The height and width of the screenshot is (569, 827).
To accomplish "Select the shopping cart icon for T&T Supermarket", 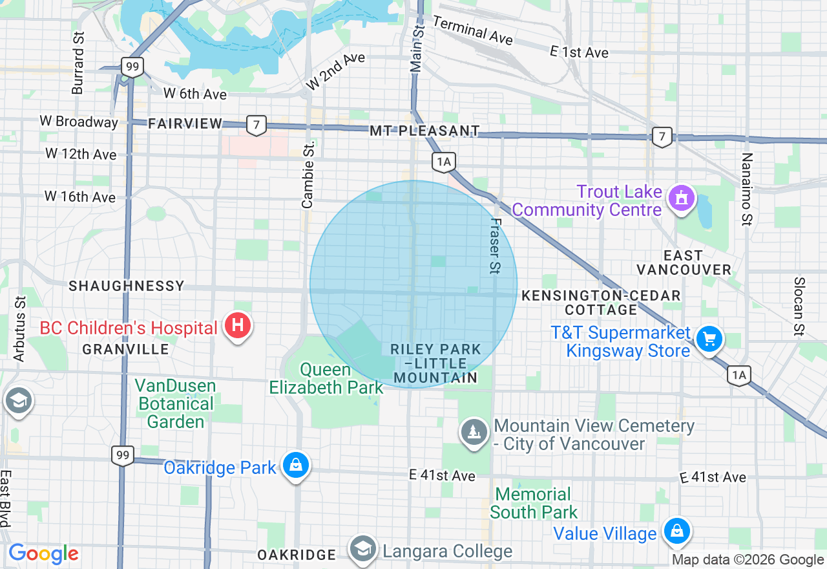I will (x=709, y=339).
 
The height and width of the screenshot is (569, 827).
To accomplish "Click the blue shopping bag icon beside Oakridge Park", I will (x=295, y=466).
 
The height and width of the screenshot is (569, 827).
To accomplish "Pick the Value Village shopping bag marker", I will (x=676, y=531).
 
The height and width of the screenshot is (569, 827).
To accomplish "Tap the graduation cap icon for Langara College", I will (x=363, y=549).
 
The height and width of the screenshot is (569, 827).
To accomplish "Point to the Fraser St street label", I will (x=495, y=246).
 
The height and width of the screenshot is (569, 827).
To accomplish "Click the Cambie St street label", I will (x=308, y=175).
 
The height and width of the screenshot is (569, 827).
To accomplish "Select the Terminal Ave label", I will (x=472, y=30).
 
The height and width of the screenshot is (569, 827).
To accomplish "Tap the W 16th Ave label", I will (x=80, y=197).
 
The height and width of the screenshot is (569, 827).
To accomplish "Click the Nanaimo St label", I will (x=747, y=189).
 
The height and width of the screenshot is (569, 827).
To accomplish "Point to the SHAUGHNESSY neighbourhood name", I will (x=127, y=286).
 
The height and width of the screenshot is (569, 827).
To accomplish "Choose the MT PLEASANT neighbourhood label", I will (x=424, y=131).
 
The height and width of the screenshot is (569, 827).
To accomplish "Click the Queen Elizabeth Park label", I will (x=326, y=379).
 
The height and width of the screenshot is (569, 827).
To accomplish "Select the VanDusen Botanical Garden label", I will (x=174, y=404).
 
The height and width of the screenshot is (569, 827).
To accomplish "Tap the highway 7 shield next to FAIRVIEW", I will (x=256, y=125).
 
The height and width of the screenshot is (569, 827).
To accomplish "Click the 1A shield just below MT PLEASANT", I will (x=444, y=162).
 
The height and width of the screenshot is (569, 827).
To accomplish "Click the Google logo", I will (x=43, y=553).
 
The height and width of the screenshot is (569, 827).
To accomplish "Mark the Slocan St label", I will (x=799, y=298).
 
